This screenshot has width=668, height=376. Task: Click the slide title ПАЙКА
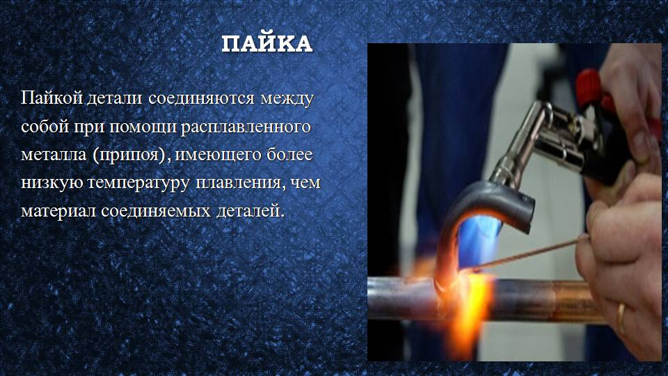pyautogui.click(x=267, y=43)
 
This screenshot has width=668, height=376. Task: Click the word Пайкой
pyautogui.click(x=51, y=98)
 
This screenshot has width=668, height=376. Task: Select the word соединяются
pyautogui.click(x=201, y=98)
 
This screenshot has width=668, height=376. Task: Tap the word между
pyautogui.click(x=287, y=98)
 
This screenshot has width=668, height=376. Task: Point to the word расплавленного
pyautogui.click(x=246, y=127)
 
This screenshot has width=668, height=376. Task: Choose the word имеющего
pyautogui.click(x=217, y=155)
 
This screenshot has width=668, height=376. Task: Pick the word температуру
pyautogui.click(x=138, y=183)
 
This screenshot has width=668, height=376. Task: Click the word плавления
pyautogui.click(x=239, y=182)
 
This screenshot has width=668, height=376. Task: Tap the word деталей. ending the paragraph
pyautogui.click(x=250, y=210)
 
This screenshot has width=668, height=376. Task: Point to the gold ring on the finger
pyautogui.click(x=622, y=318)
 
